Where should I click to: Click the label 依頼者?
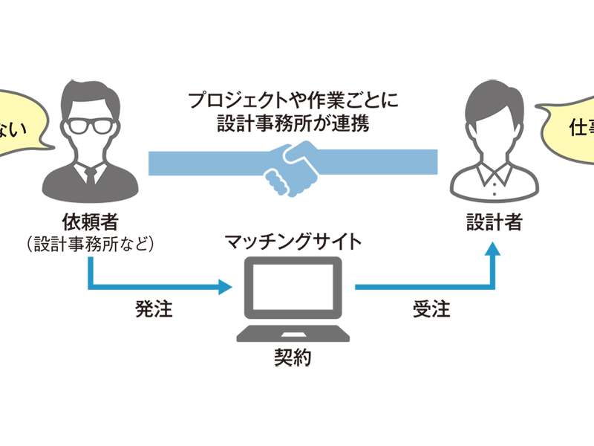[91, 221]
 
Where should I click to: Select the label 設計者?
[494, 221]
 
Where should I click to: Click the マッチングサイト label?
[294, 241]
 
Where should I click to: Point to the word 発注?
[154, 308]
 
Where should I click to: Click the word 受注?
[431, 308]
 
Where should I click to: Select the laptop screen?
[293, 291]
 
